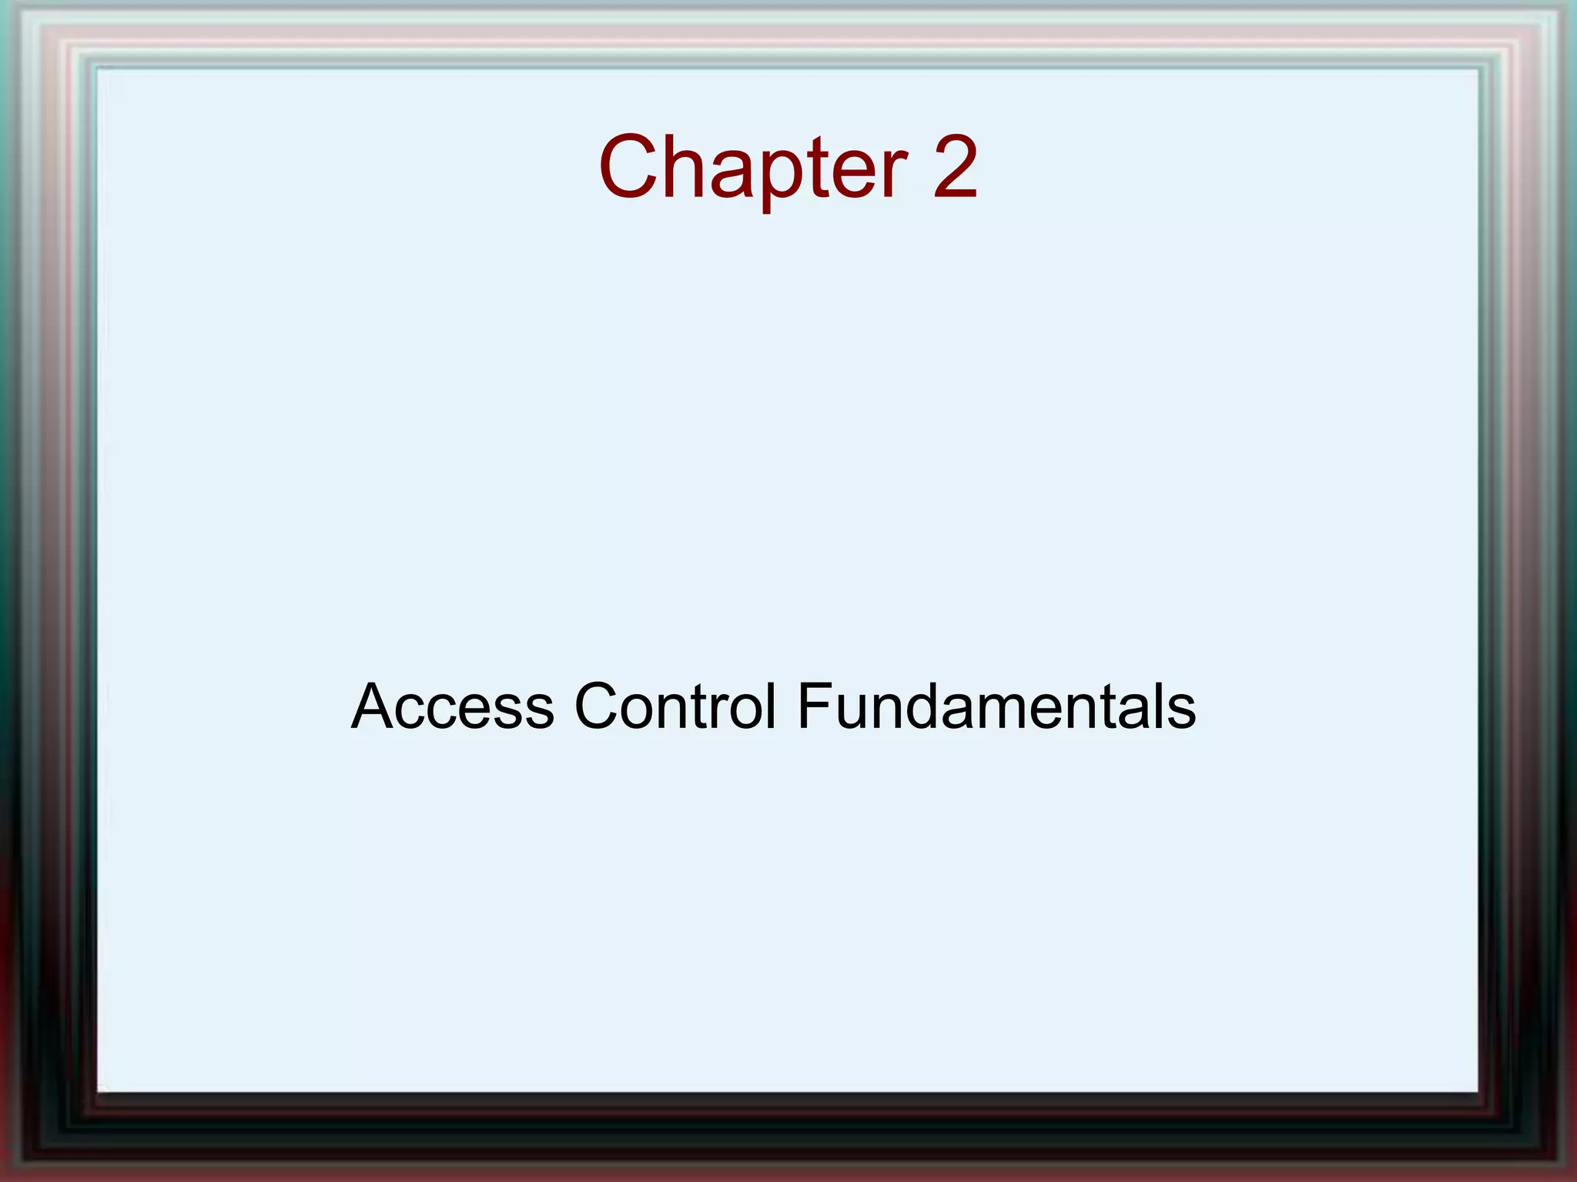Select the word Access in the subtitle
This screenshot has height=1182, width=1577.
pyautogui.click(x=453, y=706)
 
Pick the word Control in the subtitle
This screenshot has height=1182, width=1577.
pyautogui.click(x=675, y=706)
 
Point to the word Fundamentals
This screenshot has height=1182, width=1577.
pyautogui.click(x=996, y=706)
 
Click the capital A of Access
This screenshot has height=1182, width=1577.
pyautogui.click(x=375, y=706)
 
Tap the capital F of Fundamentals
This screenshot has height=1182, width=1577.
pyautogui.click(x=813, y=706)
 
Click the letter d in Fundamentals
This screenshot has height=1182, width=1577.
pyautogui.click(x=918, y=706)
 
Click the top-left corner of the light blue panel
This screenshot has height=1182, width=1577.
pyautogui.click(x=98, y=70)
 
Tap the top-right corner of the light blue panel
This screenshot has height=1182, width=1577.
pyautogui.click(x=1478, y=70)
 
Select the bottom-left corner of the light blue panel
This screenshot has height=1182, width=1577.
pyautogui.click(x=98, y=1091)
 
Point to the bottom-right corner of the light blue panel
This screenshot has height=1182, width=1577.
pyautogui.click(x=1478, y=1091)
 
